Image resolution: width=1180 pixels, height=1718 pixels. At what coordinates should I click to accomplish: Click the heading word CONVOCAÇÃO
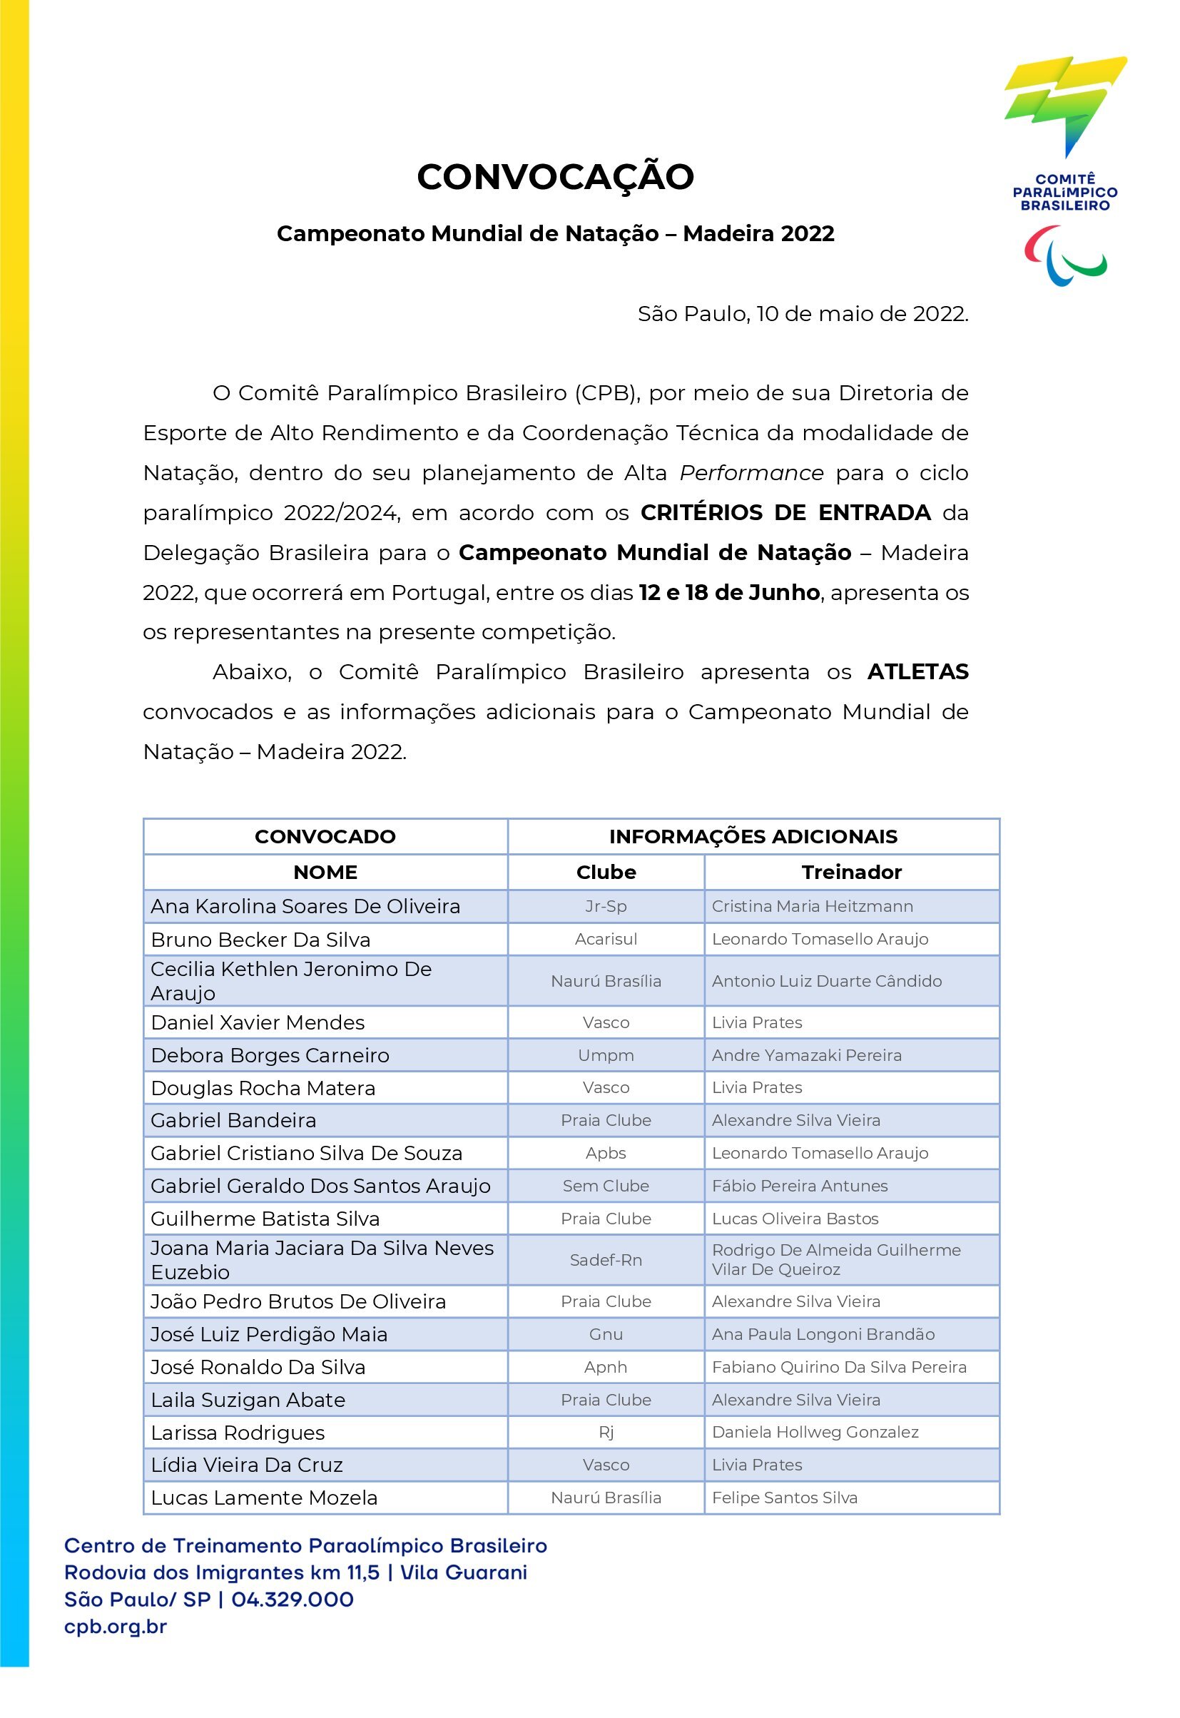[555, 177]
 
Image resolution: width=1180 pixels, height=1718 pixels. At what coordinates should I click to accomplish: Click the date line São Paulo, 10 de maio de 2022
[802, 313]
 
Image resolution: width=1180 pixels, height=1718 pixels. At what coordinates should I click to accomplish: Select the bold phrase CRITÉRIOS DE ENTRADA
[785, 512]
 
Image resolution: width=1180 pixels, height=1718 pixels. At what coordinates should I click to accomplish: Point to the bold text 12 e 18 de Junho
[729, 592]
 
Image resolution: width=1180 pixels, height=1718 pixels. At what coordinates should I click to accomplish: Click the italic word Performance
[751, 472]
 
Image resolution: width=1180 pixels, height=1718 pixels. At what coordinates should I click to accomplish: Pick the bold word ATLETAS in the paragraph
[917, 671]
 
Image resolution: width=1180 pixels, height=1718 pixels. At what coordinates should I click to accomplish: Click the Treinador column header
[851, 872]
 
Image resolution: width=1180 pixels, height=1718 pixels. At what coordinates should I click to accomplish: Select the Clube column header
[606, 872]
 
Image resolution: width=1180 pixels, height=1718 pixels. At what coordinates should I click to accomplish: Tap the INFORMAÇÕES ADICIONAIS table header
[753, 836]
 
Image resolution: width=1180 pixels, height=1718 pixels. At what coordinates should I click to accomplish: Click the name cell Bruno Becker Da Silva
[260, 940]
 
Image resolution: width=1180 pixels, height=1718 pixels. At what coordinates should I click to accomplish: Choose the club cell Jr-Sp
[606, 906]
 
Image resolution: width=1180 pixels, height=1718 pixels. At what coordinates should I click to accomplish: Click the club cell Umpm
[606, 1055]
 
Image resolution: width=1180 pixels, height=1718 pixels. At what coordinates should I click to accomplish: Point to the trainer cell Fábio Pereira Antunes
[799, 1186]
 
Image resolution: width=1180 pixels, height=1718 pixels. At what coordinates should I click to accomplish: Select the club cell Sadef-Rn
[606, 1260]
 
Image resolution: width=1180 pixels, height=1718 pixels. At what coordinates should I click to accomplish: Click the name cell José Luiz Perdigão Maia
[269, 1334]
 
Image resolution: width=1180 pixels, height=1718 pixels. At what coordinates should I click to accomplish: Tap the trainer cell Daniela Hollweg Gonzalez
[815, 1432]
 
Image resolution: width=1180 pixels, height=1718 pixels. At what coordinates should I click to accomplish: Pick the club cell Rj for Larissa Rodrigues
[606, 1432]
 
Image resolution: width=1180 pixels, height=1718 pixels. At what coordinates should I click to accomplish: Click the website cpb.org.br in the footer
[116, 1627]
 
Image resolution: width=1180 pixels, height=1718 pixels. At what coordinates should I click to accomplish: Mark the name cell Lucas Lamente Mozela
[264, 1498]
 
